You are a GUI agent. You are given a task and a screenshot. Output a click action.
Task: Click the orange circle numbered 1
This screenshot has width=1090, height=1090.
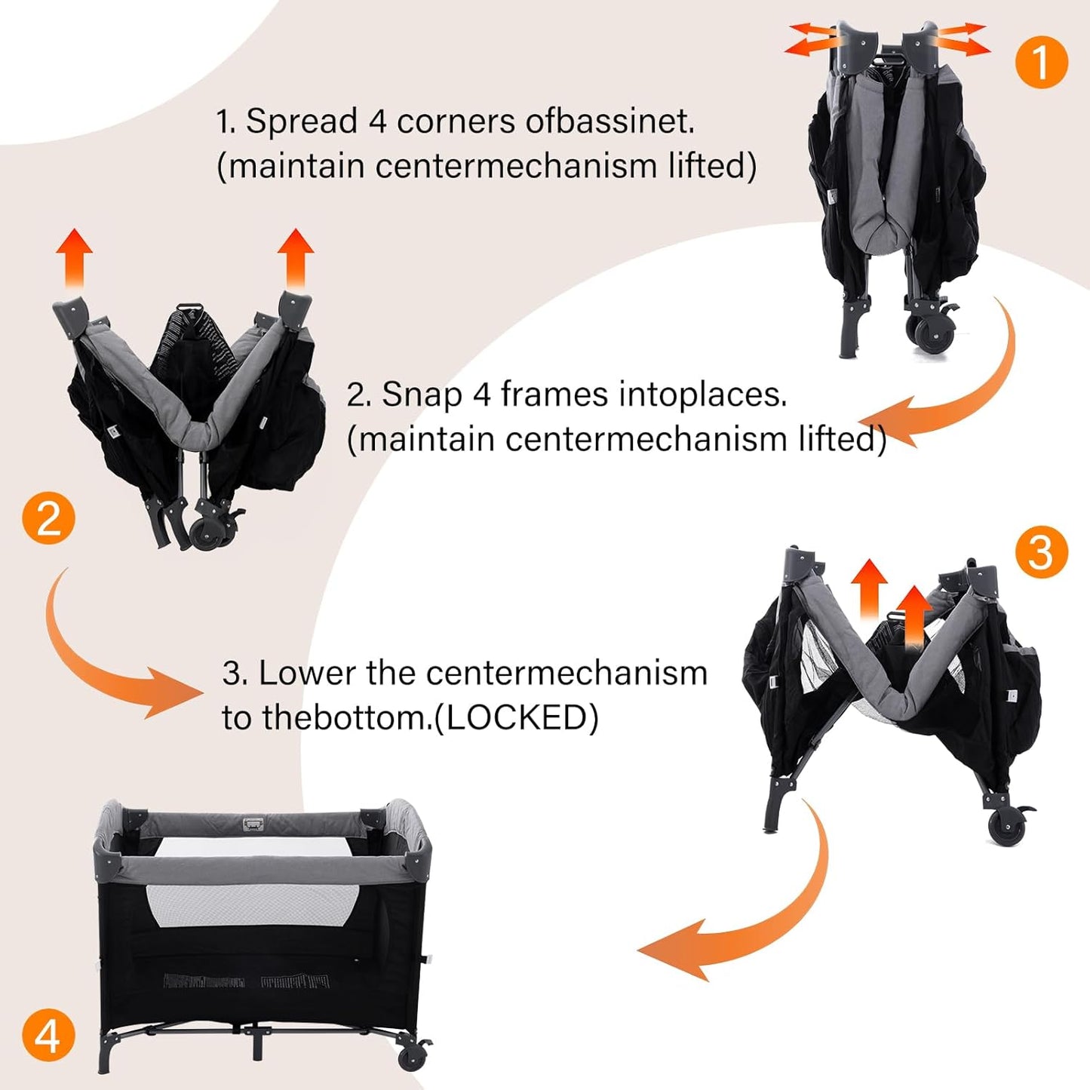[1042, 62]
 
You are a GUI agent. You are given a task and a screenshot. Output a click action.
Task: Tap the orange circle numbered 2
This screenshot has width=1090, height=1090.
[48, 517]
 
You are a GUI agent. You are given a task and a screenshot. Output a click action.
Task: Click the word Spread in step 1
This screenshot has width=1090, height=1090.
[302, 121]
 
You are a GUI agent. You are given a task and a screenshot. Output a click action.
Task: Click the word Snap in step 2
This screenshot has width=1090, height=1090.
[422, 395]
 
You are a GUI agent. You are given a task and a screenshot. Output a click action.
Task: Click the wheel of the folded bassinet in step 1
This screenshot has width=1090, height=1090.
[929, 335]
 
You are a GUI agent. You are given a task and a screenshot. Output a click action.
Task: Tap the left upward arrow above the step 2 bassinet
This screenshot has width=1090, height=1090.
[75, 259]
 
